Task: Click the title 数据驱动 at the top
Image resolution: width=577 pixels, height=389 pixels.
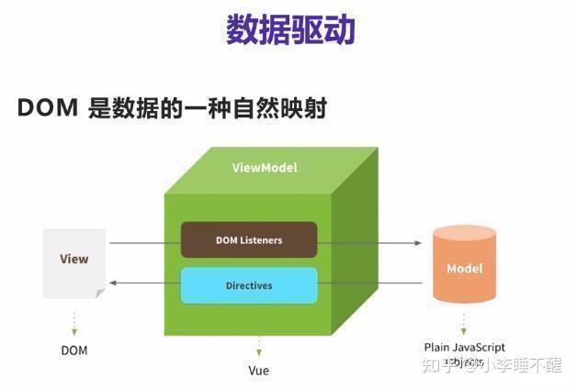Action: pos(289,29)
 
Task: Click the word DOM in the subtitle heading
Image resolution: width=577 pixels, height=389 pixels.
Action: pos(46,108)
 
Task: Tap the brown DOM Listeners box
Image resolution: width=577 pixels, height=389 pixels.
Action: pos(248,239)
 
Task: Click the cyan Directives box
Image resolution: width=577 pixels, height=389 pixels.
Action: pos(248,285)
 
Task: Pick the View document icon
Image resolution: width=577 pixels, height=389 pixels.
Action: pos(74,261)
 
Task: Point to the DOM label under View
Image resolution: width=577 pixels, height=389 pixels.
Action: pos(74,350)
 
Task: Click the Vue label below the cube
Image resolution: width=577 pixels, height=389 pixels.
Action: pos(259,370)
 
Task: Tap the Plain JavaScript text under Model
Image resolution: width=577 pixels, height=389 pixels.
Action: pos(464,348)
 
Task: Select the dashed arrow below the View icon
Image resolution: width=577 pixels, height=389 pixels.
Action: pos(74,322)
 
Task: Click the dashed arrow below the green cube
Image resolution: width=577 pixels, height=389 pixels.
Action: pos(259,346)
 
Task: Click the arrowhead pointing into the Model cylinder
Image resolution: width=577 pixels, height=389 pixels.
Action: pos(420,244)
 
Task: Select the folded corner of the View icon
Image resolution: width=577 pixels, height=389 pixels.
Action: pos(99,292)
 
